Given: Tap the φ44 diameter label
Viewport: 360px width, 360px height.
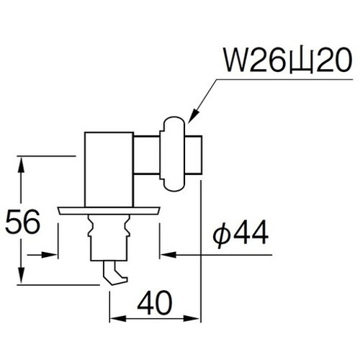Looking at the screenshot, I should (x=240, y=234).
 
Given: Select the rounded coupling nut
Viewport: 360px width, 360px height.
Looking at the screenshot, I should (x=175, y=155).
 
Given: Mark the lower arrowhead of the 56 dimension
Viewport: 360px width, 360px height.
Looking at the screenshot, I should (x=26, y=278).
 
